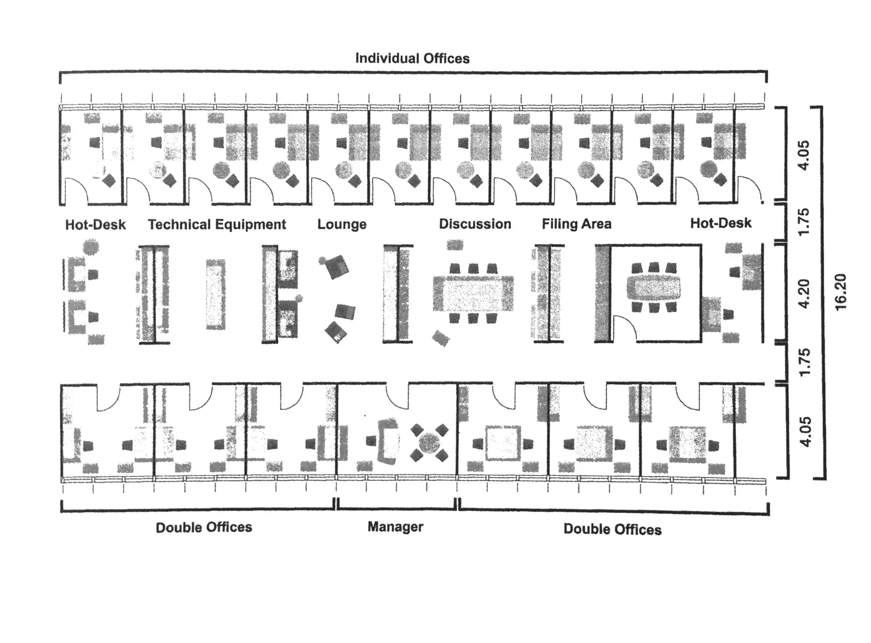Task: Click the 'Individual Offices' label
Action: (x=412, y=58)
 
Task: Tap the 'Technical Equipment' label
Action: (x=217, y=224)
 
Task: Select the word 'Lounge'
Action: (x=342, y=224)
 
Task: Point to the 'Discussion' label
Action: (x=475, y=224)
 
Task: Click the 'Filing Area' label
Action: (x=576, y=224)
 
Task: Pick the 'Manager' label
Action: (x=395, y=526)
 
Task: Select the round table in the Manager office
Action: (x=429, y=443)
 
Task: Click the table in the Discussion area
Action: (x=473, y=294)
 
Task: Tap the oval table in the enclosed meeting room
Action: (x=653, y=288)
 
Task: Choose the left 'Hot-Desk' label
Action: (x=95, y=225)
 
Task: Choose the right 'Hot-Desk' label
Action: (x=720, y=223)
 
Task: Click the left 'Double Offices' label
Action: (x=204, y=527)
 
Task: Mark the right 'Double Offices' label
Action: (x=612, y=529)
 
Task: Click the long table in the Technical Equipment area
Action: (x=216, y=294)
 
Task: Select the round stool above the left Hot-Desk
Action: (x=91, y=246)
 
